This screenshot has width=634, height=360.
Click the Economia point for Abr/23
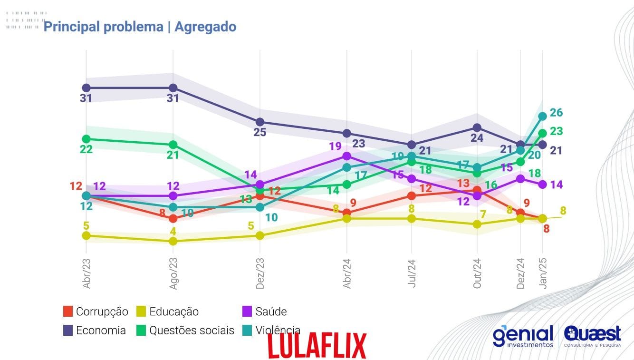click(x=86, y=88)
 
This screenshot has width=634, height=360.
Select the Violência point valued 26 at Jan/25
click(x=542, y=116)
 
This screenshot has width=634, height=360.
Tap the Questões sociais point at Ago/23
click(x=173, y=145)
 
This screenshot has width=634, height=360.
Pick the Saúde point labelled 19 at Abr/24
click(x=347, y=156)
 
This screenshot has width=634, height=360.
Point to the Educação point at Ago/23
click(x=173, y=241)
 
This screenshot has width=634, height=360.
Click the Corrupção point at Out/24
click(x=477, y=190)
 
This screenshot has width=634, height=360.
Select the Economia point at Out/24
click(x=477, y=127)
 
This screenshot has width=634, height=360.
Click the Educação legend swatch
click(x=141, y=312)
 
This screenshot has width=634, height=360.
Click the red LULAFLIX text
click(x=317, y=345)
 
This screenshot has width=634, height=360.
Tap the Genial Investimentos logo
click(x=523, y=336)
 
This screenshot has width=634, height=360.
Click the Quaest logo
click(x=592, y=336)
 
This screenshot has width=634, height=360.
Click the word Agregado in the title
click(x=205, y=27)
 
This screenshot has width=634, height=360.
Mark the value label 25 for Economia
click(x=259, y=132)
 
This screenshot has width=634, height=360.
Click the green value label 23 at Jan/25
click(x=556, y=131)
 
